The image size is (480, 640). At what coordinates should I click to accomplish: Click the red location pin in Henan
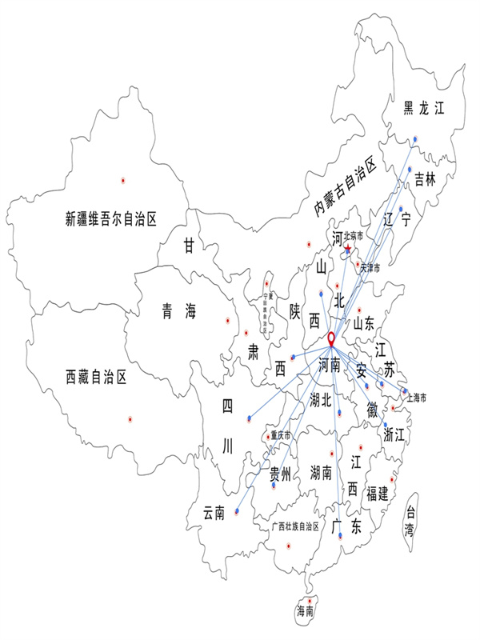[331, 350]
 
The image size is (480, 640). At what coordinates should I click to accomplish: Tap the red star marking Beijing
[347, 250]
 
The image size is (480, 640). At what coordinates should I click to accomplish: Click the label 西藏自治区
[96, 376]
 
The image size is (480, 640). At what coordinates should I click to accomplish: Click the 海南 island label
[306, 611]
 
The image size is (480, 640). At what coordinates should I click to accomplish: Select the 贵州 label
[280, 471]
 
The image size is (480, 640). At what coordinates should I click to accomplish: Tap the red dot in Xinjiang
[122, 179]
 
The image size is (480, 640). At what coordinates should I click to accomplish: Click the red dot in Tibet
[128, 418]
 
